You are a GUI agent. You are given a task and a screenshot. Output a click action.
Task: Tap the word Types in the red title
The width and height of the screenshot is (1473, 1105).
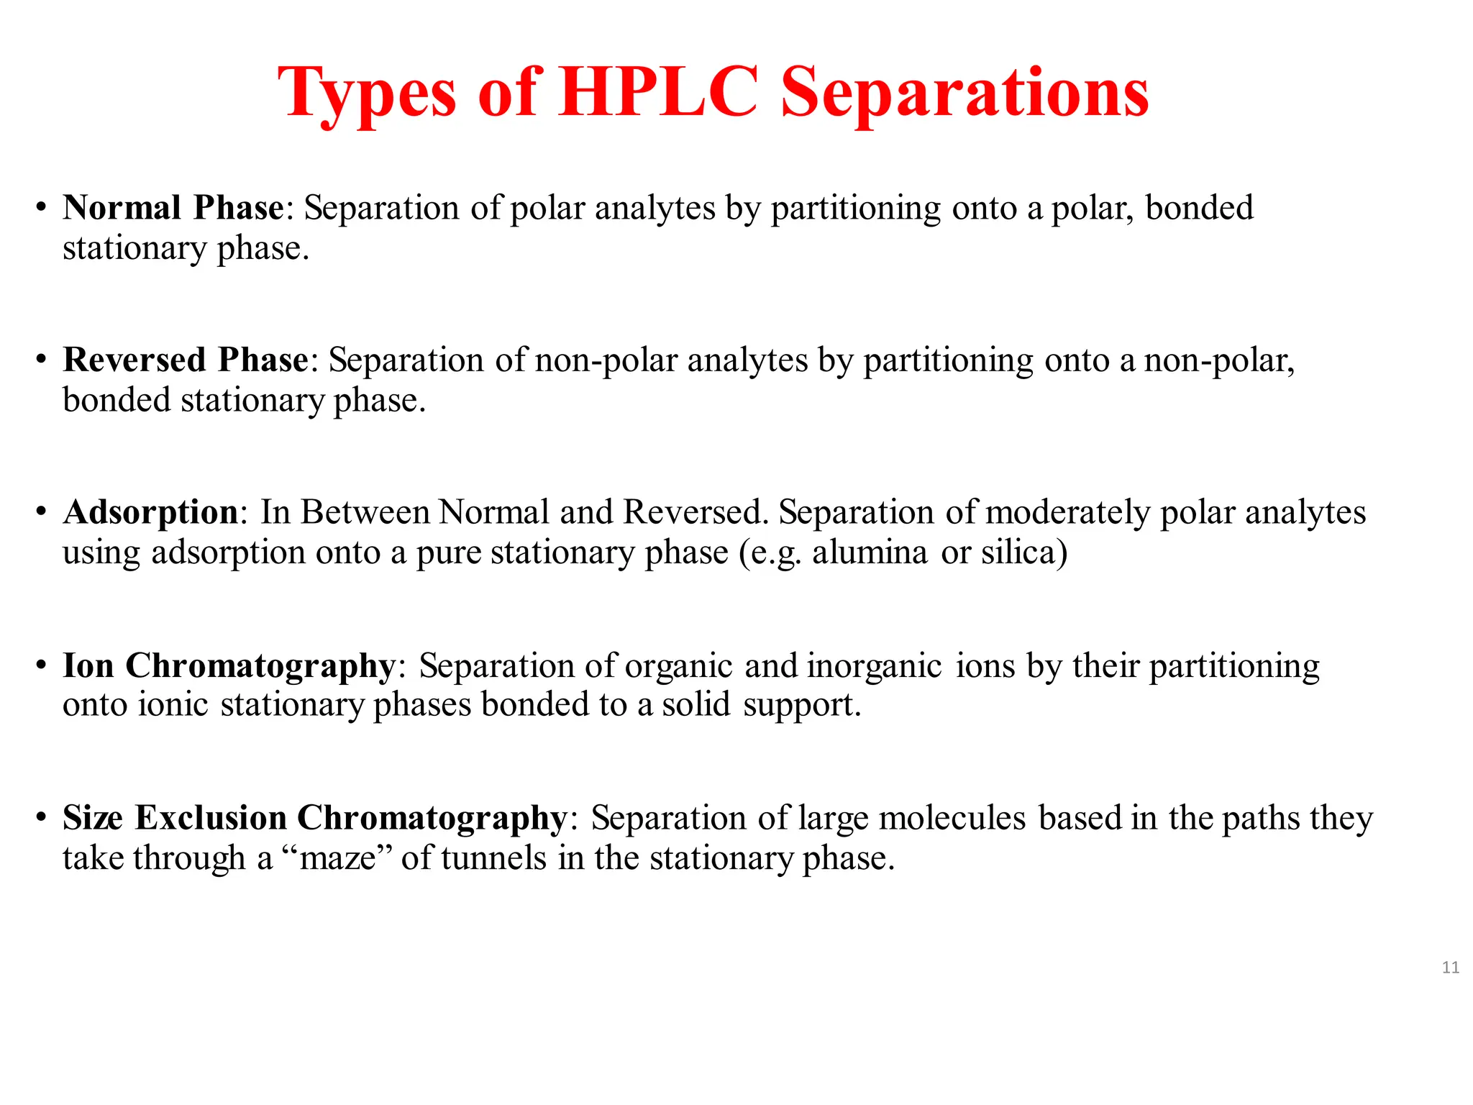point(367,94)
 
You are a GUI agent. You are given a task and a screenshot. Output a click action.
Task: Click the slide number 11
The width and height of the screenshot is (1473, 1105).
point(1450,968)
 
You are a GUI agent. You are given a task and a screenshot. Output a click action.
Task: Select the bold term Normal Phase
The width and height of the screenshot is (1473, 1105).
point(173,208)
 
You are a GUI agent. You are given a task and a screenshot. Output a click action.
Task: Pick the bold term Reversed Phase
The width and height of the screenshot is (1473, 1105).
point(186,360)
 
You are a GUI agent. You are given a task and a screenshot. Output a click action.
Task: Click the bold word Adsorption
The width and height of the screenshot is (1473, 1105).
point(150,512)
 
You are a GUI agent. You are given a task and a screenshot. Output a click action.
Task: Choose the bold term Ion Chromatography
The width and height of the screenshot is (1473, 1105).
point(229,665)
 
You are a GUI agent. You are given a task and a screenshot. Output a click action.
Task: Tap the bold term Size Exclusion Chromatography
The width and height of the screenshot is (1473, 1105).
point(315,818)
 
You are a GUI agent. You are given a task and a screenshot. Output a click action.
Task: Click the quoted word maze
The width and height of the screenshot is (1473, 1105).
point(337,858)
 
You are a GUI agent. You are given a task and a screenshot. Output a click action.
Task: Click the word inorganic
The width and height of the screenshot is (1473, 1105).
point(874,665)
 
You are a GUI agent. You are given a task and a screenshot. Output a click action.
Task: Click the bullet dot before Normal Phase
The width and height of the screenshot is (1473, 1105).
point(41,208)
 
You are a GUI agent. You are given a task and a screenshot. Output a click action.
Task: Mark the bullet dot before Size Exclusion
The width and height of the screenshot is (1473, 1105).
point(41,818)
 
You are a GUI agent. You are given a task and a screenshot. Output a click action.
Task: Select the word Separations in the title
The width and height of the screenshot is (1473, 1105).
point(964,94)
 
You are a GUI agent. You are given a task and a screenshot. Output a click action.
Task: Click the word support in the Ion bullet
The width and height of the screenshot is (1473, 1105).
point(801,705)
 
